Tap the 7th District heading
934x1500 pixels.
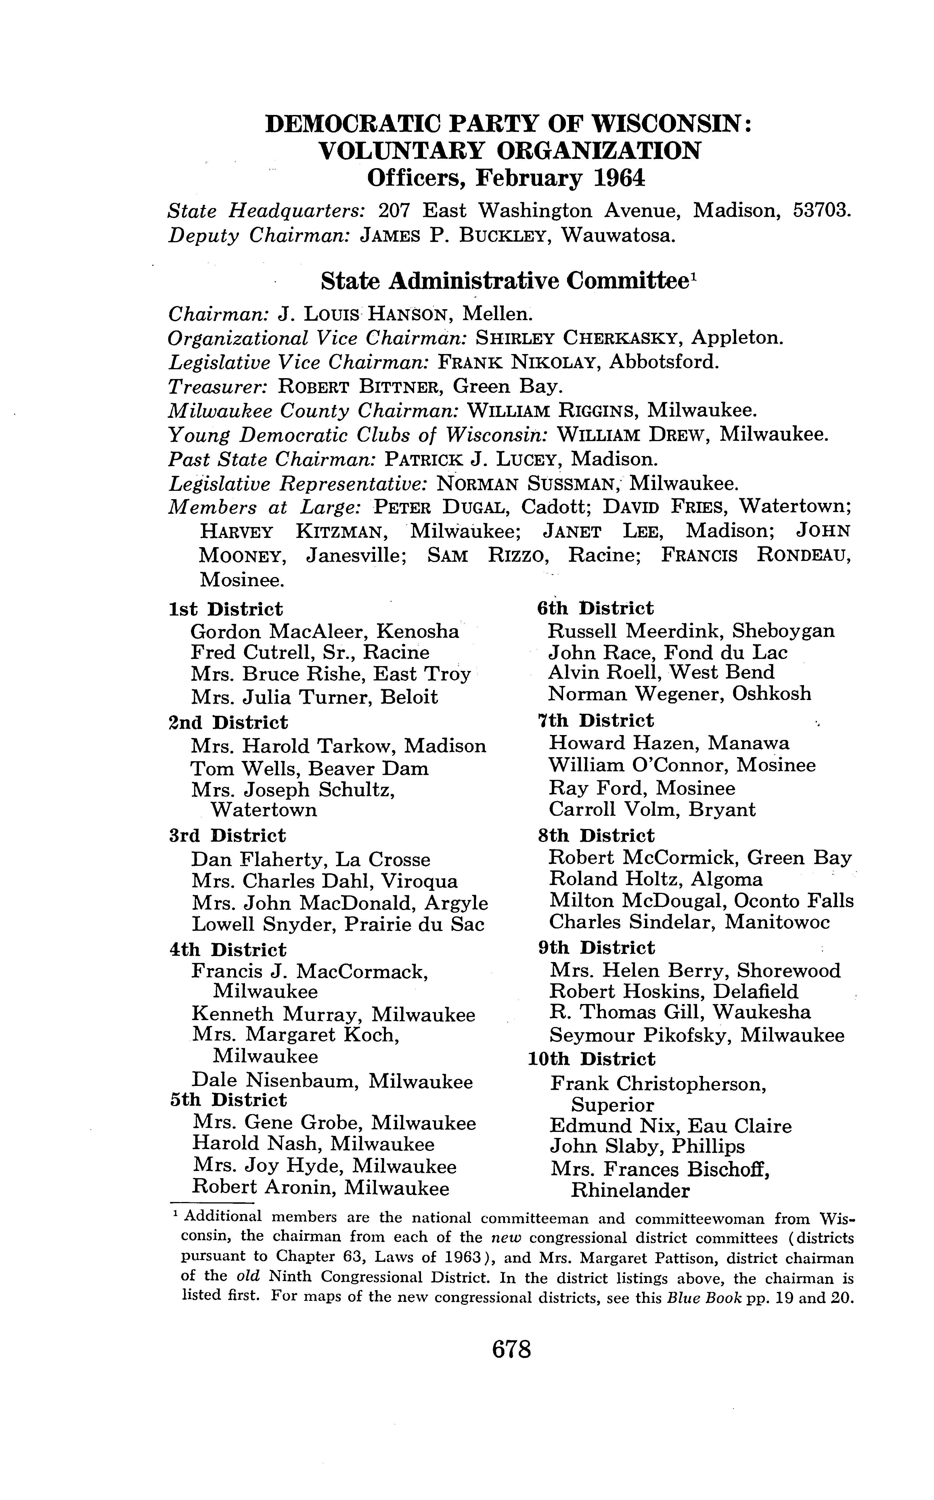tap(596, 720)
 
